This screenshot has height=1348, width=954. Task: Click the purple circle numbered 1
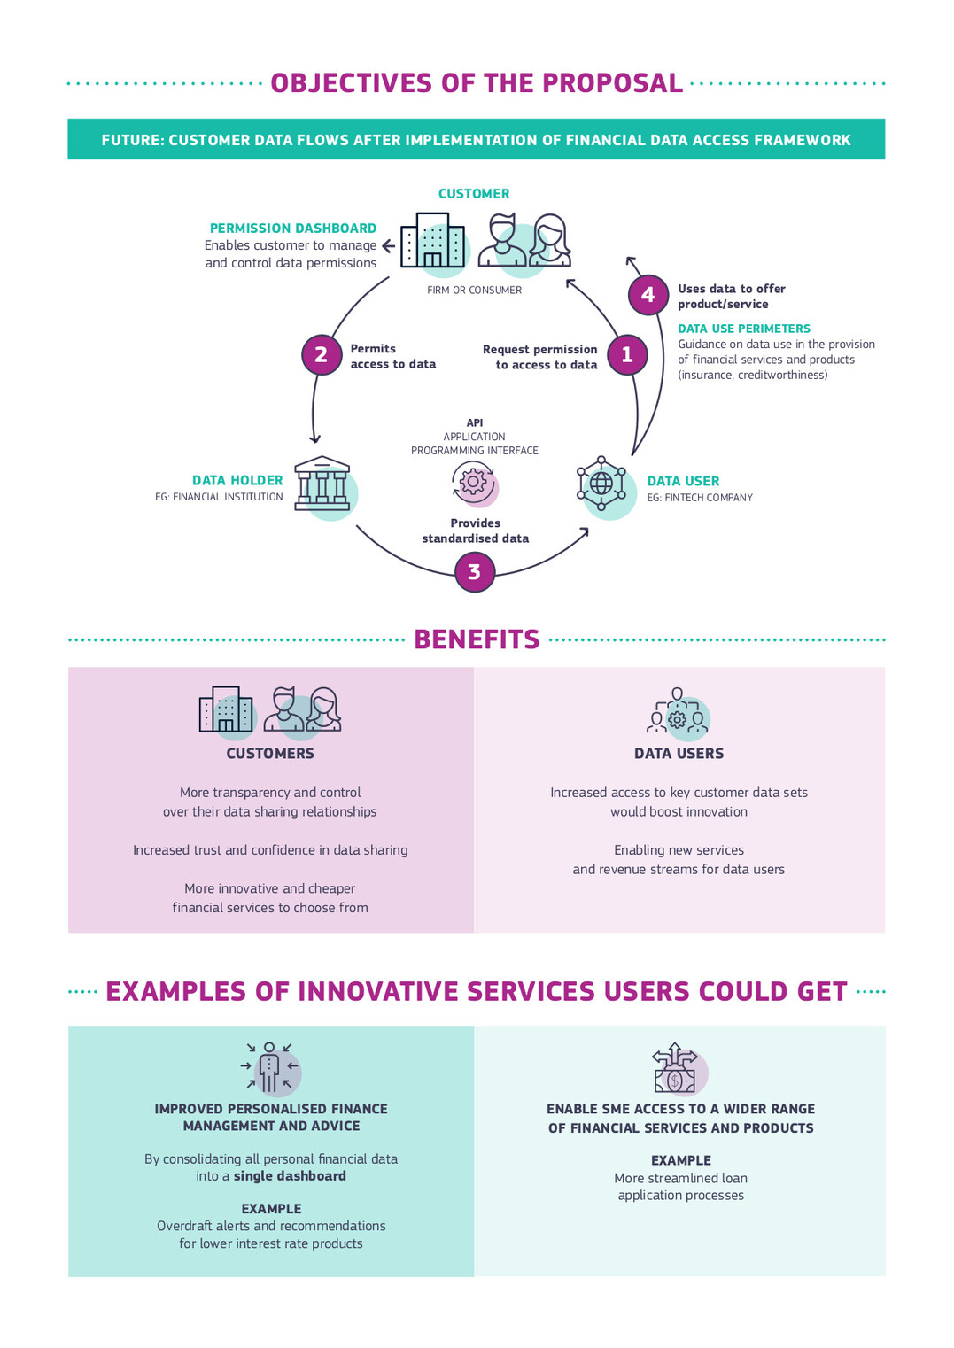pos(627,355)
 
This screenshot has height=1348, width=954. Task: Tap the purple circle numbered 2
pos(322,355)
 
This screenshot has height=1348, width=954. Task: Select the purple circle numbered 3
pos(475,571)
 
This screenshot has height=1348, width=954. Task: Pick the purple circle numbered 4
pos(648,295)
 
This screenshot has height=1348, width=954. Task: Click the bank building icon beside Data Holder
pos(322,484)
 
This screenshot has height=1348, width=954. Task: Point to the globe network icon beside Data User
pos(601,484)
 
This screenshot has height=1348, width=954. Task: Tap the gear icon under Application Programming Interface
pos(474,482)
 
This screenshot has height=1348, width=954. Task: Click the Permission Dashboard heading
pos(293,229)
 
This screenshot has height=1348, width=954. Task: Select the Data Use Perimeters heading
pos(744,329)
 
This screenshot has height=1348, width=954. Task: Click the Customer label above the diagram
pos(474,194)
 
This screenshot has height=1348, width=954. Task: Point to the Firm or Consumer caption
pos(474,291)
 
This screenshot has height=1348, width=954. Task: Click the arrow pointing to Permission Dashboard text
pos(389,245)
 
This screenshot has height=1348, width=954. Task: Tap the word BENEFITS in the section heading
pos(477,639)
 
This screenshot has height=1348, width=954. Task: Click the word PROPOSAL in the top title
pos(612,83)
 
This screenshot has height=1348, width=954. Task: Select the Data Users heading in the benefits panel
pos(679,754)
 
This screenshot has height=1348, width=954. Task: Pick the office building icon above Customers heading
pos(226,709)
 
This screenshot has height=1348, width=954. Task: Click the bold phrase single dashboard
pos(290,1176)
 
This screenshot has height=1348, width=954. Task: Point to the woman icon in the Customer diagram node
pos(549,240)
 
